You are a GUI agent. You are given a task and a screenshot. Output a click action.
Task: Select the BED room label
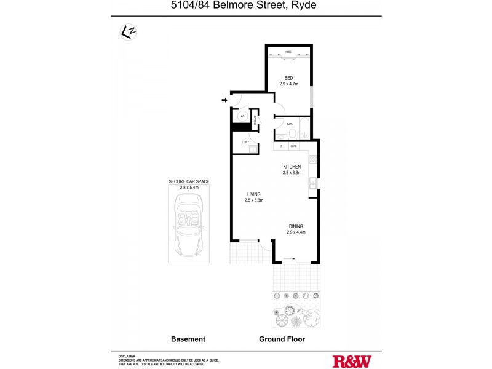288,77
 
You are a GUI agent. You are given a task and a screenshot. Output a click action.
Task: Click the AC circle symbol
242,116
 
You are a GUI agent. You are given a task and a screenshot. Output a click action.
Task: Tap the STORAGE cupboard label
255,120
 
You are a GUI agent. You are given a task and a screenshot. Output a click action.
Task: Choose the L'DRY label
245,143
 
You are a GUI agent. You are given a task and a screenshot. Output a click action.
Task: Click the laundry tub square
252,148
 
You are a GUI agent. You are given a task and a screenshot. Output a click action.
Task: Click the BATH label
290,124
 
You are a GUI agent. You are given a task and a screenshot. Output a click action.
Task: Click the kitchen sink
313,182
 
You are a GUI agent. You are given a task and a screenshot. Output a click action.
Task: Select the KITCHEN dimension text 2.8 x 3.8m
292,173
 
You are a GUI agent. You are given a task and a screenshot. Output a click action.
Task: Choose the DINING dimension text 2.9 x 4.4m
296,232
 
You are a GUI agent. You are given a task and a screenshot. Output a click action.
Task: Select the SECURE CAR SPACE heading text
189,181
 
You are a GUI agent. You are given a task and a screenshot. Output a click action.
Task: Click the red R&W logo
352,361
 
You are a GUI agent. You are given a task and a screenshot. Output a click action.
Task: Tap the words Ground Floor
283,339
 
